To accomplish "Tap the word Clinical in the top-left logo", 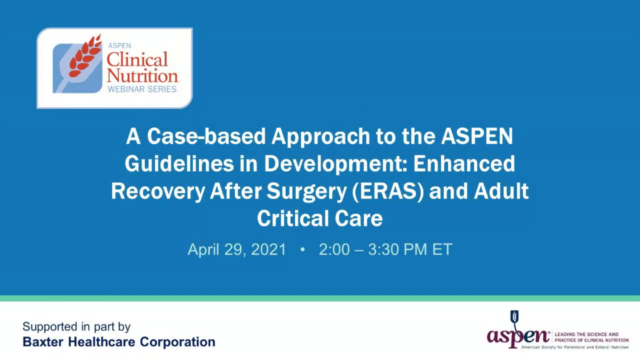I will [137, 60].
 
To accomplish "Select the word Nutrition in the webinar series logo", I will [142, 76].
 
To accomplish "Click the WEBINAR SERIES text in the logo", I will [142, 89].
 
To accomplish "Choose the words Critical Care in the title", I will [319, 218].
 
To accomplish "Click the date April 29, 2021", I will [236, 249].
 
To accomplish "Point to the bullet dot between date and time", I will [302, 249].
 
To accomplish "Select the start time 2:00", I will [334, 249].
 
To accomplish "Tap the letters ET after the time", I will [442, 249].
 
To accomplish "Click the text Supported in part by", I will [76, 327].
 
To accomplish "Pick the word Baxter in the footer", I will [43, 342].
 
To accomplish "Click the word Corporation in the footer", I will [177, 342].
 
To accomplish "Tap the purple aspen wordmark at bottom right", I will [518, 336].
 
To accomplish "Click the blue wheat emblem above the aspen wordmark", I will [514, 317].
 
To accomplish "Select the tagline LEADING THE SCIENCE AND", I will [586, 334].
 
